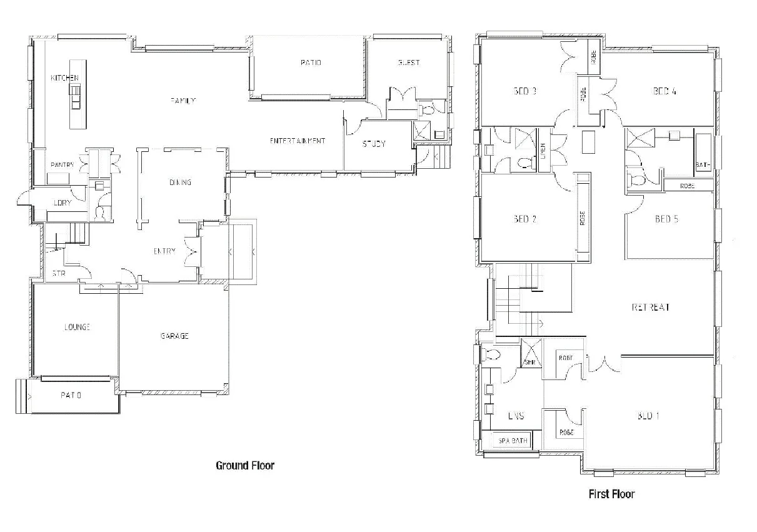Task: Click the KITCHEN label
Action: pyautogui.click(x=65, y=78)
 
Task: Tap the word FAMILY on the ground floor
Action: pyautogui.click(x=184, y=101)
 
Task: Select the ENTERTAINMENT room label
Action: pyautogui.click(x=298, y=141)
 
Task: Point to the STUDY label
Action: pyautogui.click(x=374, y=144)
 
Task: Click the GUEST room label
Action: pyautogui.click(x=408, y=63)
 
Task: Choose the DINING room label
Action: pyautogui.click(x=180, y=183)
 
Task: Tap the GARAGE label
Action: pyautogui.click(x=174, y=336)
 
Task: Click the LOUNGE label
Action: pyautogui.click(x=77, y=327)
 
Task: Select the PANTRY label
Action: pyautogui.click(x=62, y=165)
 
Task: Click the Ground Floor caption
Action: pyautogui.click(x=245, y=465)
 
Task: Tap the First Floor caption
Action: pyautogui.click(x=611, y=494)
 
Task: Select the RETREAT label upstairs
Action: pyautogui.click(x=651, y=308)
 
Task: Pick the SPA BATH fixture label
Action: pyautogui.click(x=513, y=441)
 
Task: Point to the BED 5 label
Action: pyautogui.click(x=666, y=219)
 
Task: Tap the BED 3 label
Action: pyautogui.click(x=525, y=91)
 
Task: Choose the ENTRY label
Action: pyautogui.click(x=164, y=251)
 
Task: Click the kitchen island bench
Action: pyautogui.click(x=78, y=94)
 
